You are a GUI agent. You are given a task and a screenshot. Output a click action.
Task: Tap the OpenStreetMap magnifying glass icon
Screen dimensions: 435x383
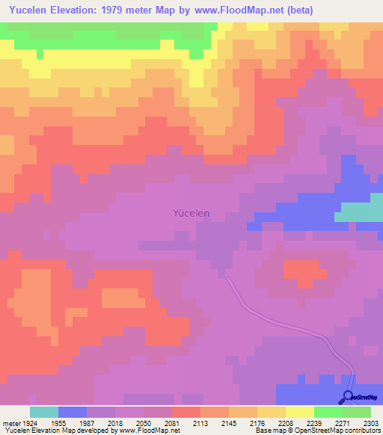348,397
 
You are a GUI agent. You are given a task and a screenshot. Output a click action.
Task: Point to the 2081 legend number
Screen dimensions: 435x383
172,422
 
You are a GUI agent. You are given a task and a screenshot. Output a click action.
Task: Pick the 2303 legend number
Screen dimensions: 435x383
371,422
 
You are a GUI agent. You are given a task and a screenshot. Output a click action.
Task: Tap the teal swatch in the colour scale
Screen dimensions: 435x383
44,412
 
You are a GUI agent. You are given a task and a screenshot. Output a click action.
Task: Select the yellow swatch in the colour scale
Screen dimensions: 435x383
300,412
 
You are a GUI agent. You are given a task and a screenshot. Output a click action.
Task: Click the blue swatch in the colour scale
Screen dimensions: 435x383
73,412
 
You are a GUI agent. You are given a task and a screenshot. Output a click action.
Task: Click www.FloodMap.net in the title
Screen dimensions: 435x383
241,10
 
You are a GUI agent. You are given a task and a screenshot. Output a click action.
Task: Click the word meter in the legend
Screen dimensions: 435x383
11,422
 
